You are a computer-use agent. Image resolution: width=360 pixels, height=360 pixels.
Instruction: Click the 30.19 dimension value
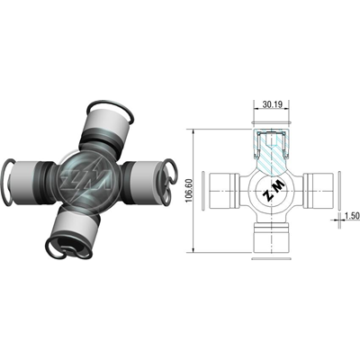(273, 104)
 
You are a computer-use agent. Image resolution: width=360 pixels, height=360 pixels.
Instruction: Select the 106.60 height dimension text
(188, 191)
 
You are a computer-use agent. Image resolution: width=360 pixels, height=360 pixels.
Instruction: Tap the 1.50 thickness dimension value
(352, 216)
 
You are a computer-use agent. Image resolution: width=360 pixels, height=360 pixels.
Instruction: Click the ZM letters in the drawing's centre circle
(273, 192)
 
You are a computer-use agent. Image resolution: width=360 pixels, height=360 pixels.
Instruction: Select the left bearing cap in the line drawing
(224, 191)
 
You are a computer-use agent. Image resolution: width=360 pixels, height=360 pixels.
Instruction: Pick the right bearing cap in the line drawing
(319, 191)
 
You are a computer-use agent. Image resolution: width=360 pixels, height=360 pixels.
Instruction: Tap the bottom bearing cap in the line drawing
(272, 238)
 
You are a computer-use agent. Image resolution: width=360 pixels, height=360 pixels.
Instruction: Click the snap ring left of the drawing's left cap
(203, 191)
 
